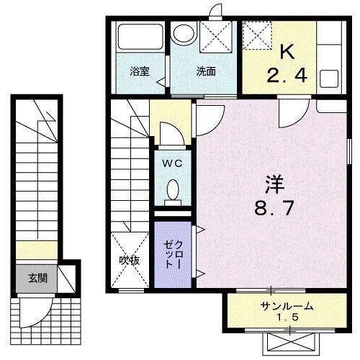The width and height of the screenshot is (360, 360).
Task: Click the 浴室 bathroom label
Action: tap(139, 71)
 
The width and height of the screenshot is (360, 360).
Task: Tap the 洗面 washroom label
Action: tap(205, 71)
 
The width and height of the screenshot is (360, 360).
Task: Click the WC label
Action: tap(172, 163)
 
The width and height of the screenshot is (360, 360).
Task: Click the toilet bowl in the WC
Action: tap(173, 190)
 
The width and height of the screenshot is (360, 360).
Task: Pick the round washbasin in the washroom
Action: tap(184, 34)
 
